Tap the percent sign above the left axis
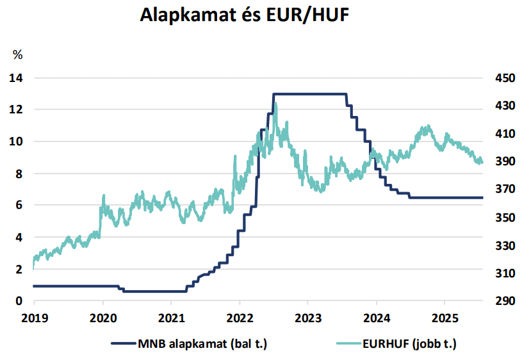click(x=18, y=55)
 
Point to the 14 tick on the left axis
click(x=16, y=78)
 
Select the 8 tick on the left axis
click(x=19, y=174)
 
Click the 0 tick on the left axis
click(x=19, y=300)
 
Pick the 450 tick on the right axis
click(x=503, y=78)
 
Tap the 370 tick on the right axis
click(x=503, y=190)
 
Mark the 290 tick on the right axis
click(x=503, y=300)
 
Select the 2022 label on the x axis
click(x=240, y=316)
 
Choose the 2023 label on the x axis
click(x=307, y=316)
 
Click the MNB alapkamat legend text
click(x=202, y=344)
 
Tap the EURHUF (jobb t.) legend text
click(x=412, y=344)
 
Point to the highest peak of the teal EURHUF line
click(x=275, y=103)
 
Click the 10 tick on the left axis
click(x=16, y=142)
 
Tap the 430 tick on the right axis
click(x=503, y=106)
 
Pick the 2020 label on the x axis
click(x=103, y=316)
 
